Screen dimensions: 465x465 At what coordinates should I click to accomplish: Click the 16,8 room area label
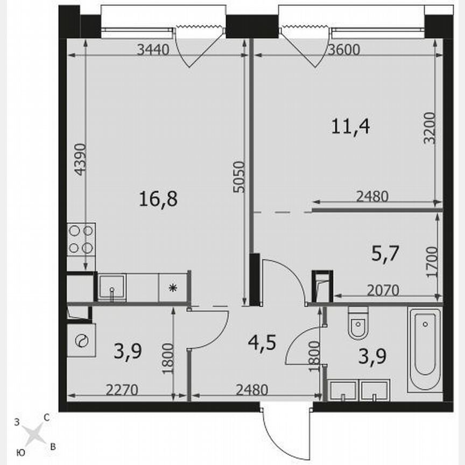[158, 200]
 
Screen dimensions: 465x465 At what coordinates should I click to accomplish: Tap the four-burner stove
[81, 240]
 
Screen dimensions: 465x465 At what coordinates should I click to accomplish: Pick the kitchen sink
[112, 287]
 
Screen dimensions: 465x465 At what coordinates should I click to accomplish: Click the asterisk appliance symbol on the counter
[173, 287]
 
